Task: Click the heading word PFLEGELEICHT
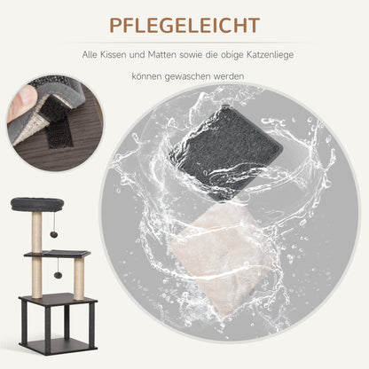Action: click(x=184, y=24)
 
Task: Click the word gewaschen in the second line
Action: click(x=211, y=88)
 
